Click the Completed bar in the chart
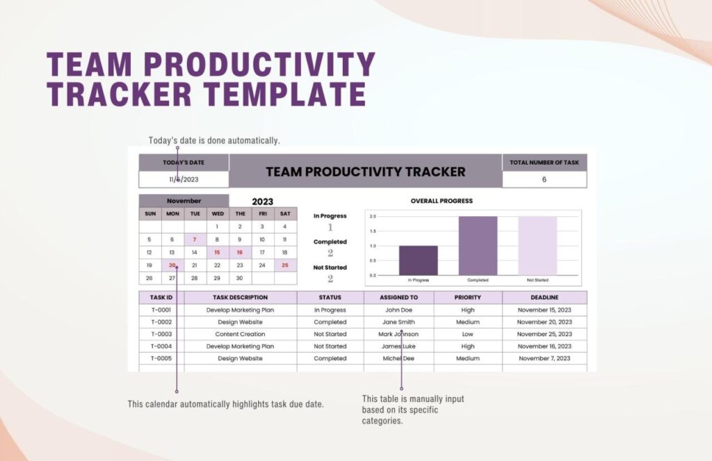478,245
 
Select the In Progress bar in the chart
418,260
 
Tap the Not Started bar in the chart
537,245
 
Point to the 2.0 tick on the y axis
373,216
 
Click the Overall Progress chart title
441,201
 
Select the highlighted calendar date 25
285,265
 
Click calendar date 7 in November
195,239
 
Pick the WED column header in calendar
218,213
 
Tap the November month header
184,201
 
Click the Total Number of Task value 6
544,179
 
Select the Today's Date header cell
184,163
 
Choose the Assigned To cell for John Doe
398,310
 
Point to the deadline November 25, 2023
544,334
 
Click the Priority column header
467,298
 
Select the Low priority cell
467,334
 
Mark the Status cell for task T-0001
330,310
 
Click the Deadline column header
544,298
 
